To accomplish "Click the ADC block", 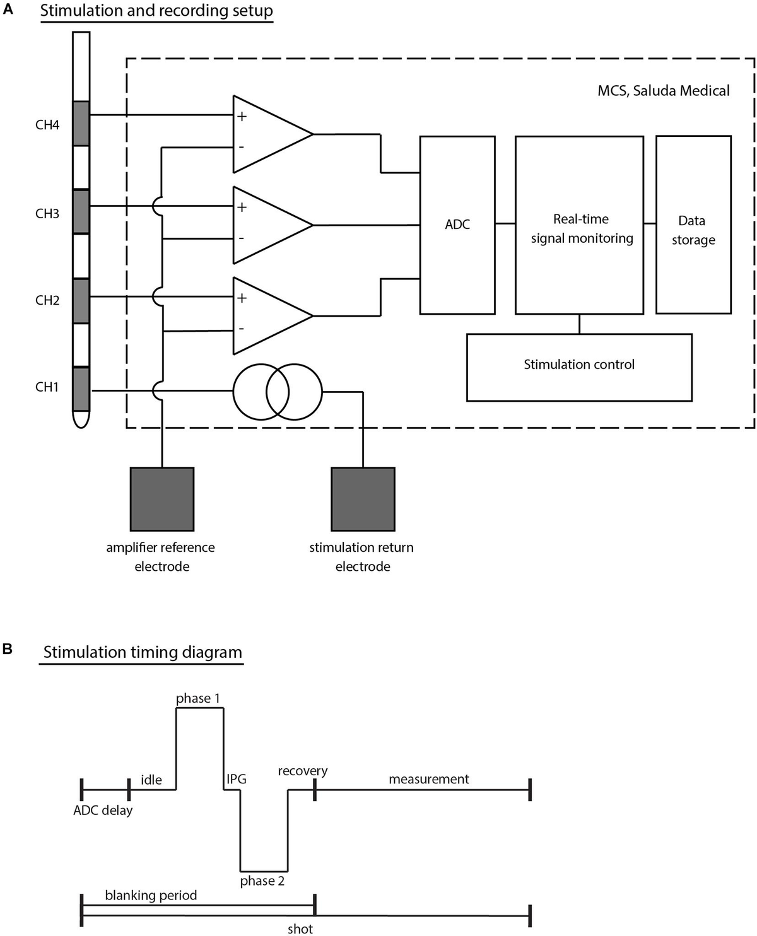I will click(x=457, y=225).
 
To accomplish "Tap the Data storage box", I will click(x=693, y=225).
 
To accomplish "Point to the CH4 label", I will click(x=47, y=125).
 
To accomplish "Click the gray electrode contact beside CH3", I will click(x=81, y=212).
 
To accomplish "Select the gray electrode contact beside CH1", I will click(x=81, y=389).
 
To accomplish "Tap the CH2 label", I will click(x=47, y=300).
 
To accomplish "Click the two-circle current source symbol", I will click(x=278, y=392).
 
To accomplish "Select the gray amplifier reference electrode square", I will click(x=162, y=499).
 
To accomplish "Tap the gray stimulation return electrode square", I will click(x=363, y=499).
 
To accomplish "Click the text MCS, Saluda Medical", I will click(x=663, y=91).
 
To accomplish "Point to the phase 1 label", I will click(x=198, y=698).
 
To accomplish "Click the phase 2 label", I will click(x=262, y=881).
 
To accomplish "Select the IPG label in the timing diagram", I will click(x=237, y=779).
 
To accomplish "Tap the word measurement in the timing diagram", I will click(x=428, y=779).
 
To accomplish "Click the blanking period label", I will click(x=151, y=895).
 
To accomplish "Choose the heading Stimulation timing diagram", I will click(x=143, y=652).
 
